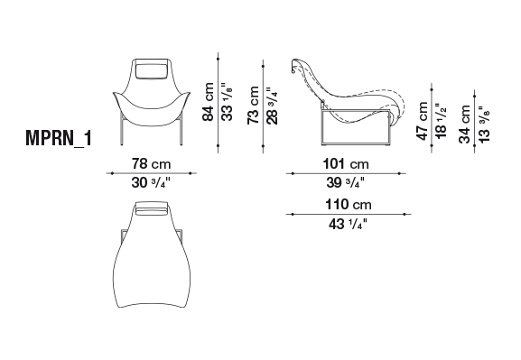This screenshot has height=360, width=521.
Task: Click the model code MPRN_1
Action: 59,138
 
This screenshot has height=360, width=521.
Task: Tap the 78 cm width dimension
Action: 151,163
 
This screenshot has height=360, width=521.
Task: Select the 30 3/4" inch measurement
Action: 151,182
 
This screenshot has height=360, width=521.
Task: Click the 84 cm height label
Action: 208,102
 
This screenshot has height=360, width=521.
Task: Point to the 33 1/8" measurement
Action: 228,102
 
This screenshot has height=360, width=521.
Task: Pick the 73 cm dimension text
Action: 253,106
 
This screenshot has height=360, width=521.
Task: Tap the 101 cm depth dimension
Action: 346,163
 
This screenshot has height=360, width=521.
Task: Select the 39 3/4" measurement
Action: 346,182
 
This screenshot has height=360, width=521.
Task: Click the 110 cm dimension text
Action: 349,205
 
